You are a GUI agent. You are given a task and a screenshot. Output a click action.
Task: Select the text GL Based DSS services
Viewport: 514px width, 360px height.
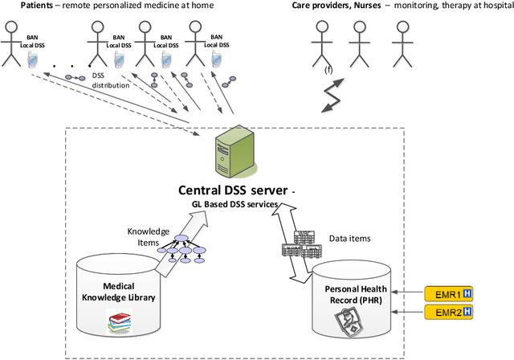click(235, 206)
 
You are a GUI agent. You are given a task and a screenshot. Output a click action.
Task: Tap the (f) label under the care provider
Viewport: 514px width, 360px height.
click(328, 70)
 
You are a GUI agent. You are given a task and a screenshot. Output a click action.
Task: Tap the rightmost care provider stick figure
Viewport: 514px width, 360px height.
click(402, 40)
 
